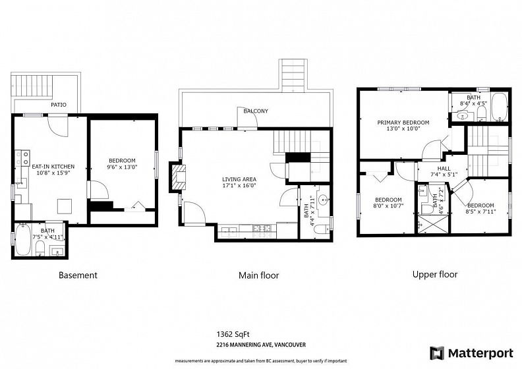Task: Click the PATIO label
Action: click(59, 105)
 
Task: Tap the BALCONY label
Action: click(256, 111)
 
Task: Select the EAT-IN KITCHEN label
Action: click(53, 167)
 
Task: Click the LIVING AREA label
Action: click(239, 180)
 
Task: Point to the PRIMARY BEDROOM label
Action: click(403, 123)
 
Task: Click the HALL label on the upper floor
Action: click(444, 169)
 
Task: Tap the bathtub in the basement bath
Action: click(23, 240)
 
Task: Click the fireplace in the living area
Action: click(179, 177)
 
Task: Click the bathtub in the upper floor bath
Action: click(499, 107)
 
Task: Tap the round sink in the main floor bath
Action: click(323, 200)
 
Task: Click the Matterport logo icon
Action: click(437, 353)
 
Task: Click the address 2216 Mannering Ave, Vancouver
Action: click(261, 345)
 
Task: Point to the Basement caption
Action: click(78, 275)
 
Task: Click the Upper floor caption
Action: click(435, 275)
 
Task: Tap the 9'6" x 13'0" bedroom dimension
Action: click(122, 167)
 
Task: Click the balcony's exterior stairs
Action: click(293, 75)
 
